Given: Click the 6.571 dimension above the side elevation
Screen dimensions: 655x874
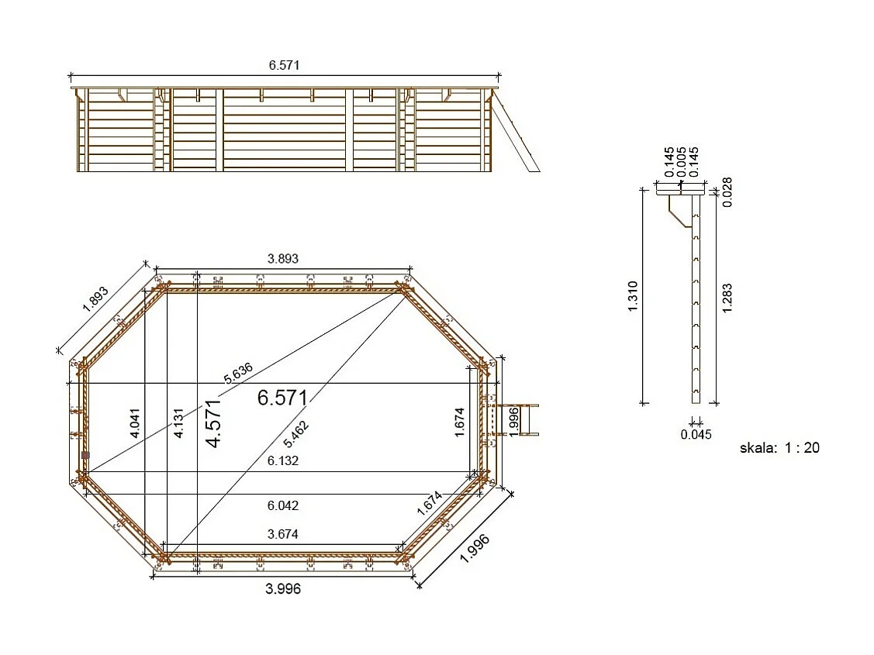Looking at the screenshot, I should point(284,66).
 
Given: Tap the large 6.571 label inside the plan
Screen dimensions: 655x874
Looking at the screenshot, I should point(282,398).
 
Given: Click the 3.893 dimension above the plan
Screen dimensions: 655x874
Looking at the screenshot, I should point(282,259).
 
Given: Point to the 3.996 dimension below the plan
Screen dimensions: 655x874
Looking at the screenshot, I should point(283,589).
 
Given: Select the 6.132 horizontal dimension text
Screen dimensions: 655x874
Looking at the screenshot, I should point(283,460).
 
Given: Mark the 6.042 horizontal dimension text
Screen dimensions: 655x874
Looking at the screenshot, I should point(283,505).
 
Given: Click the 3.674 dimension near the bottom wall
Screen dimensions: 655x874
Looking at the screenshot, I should point(283,534).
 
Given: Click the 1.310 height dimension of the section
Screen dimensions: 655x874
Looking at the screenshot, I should point(633,296).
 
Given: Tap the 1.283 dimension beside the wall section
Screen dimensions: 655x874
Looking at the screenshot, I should point(727,298).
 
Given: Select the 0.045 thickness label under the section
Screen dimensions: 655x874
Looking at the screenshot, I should point(696,434).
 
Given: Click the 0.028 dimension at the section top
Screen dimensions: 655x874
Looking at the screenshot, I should point(727,192).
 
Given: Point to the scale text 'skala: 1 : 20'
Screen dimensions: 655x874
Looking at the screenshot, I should point(779,447).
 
